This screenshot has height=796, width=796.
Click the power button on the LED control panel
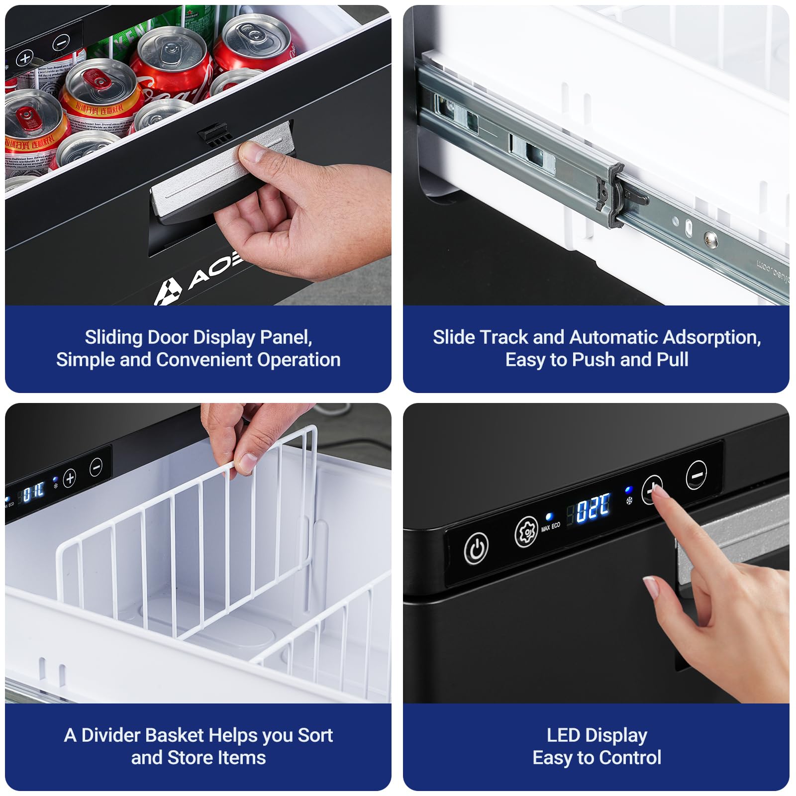tap(476, 549)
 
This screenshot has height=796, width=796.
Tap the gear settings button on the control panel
tap(525, 532)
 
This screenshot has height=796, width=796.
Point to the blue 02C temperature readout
tap(593, 508)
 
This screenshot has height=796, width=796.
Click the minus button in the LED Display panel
tap(696, 475)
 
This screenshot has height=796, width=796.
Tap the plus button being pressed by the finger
tap(651, 490)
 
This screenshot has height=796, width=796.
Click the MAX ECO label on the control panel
tap(551, 526)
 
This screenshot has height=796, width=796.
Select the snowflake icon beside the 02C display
tap(629, 500)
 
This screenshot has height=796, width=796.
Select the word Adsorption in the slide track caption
tap(712, 338)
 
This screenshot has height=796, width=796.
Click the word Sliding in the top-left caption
tap(113, 338)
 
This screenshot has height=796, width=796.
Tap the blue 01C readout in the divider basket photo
tap(34, 492)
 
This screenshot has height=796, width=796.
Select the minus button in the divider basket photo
tap(96, 467)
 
